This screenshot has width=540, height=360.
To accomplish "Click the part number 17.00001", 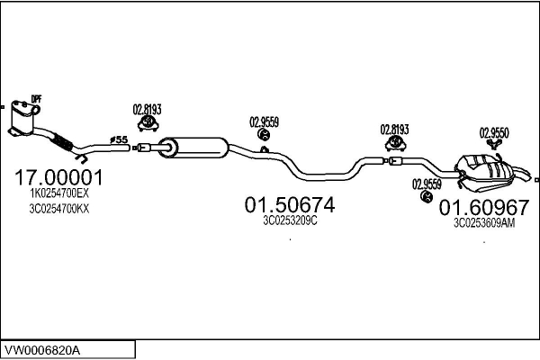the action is point(58,178).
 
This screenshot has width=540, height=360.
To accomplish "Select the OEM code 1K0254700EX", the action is point(59,193).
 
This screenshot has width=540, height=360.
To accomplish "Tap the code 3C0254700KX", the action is point(59,209).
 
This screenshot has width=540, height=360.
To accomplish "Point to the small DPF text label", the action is point(36,99).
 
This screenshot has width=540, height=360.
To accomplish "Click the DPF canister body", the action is point(22,118).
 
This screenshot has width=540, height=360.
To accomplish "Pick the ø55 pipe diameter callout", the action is point(119,139).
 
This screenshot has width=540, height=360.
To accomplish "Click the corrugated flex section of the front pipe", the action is point(62,141).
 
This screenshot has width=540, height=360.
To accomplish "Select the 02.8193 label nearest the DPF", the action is point(147,110).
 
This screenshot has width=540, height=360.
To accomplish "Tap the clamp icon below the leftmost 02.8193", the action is point(148,123).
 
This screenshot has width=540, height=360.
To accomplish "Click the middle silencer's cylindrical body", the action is point(193,148).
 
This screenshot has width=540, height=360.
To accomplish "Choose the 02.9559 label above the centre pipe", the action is point(264,122).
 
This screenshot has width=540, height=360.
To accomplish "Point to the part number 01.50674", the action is point(290,205).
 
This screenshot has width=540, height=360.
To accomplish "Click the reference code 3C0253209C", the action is point(290,220).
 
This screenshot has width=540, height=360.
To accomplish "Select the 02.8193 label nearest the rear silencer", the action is point(394,130).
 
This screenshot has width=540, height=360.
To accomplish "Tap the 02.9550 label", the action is point(494,133).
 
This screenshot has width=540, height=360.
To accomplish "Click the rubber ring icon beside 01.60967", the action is point(427,196).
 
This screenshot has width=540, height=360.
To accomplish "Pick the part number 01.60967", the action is point(484,208).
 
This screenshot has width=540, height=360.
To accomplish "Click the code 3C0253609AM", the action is point(484,223).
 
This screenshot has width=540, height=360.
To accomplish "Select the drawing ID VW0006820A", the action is point(41,351).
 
